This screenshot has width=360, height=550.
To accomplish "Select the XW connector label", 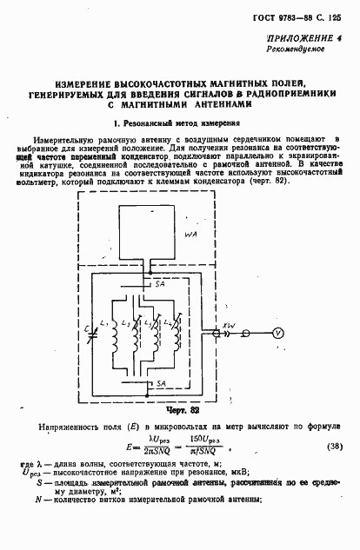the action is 230,324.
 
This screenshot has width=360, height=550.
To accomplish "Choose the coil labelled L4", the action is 180,326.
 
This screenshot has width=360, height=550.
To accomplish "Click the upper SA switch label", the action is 158,284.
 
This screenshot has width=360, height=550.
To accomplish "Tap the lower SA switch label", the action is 158,382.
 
